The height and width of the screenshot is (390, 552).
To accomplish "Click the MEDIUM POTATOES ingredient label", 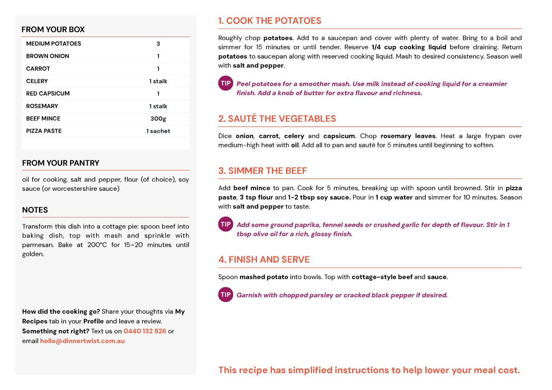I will [54, 44].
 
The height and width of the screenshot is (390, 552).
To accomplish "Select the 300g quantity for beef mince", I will [158, 119].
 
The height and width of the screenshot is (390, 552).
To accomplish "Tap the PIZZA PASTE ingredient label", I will [44, 131].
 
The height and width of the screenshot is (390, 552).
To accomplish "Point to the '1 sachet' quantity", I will [158, 131].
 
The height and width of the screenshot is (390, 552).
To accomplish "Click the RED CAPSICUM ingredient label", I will [48, 94].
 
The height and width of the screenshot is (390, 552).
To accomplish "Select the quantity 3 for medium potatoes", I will [158, 44].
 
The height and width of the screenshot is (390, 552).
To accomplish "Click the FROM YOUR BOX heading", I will [53, 29].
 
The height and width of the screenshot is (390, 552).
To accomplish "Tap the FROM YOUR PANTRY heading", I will [61, 163].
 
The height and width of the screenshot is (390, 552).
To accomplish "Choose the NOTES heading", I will [35, 210].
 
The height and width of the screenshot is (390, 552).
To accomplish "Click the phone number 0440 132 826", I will [145, 331].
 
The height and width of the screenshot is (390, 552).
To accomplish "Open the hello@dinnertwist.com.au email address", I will [82, 341].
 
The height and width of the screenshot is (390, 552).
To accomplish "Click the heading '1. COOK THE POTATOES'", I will [270, 21].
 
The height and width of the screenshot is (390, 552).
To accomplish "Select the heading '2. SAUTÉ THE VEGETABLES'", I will [277, 119].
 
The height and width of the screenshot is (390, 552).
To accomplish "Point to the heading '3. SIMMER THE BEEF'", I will [262, 171].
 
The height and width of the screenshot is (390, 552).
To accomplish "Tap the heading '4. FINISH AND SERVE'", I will [264, 260].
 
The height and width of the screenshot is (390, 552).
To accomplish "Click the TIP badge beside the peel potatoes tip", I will [225, 83].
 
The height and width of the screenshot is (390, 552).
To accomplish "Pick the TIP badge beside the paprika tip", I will [225, 224].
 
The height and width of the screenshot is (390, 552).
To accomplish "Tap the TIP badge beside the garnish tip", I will [225, 295].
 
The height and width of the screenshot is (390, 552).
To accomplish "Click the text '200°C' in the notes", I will [97, 245].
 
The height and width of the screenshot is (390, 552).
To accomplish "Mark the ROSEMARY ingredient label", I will [42, 106].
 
